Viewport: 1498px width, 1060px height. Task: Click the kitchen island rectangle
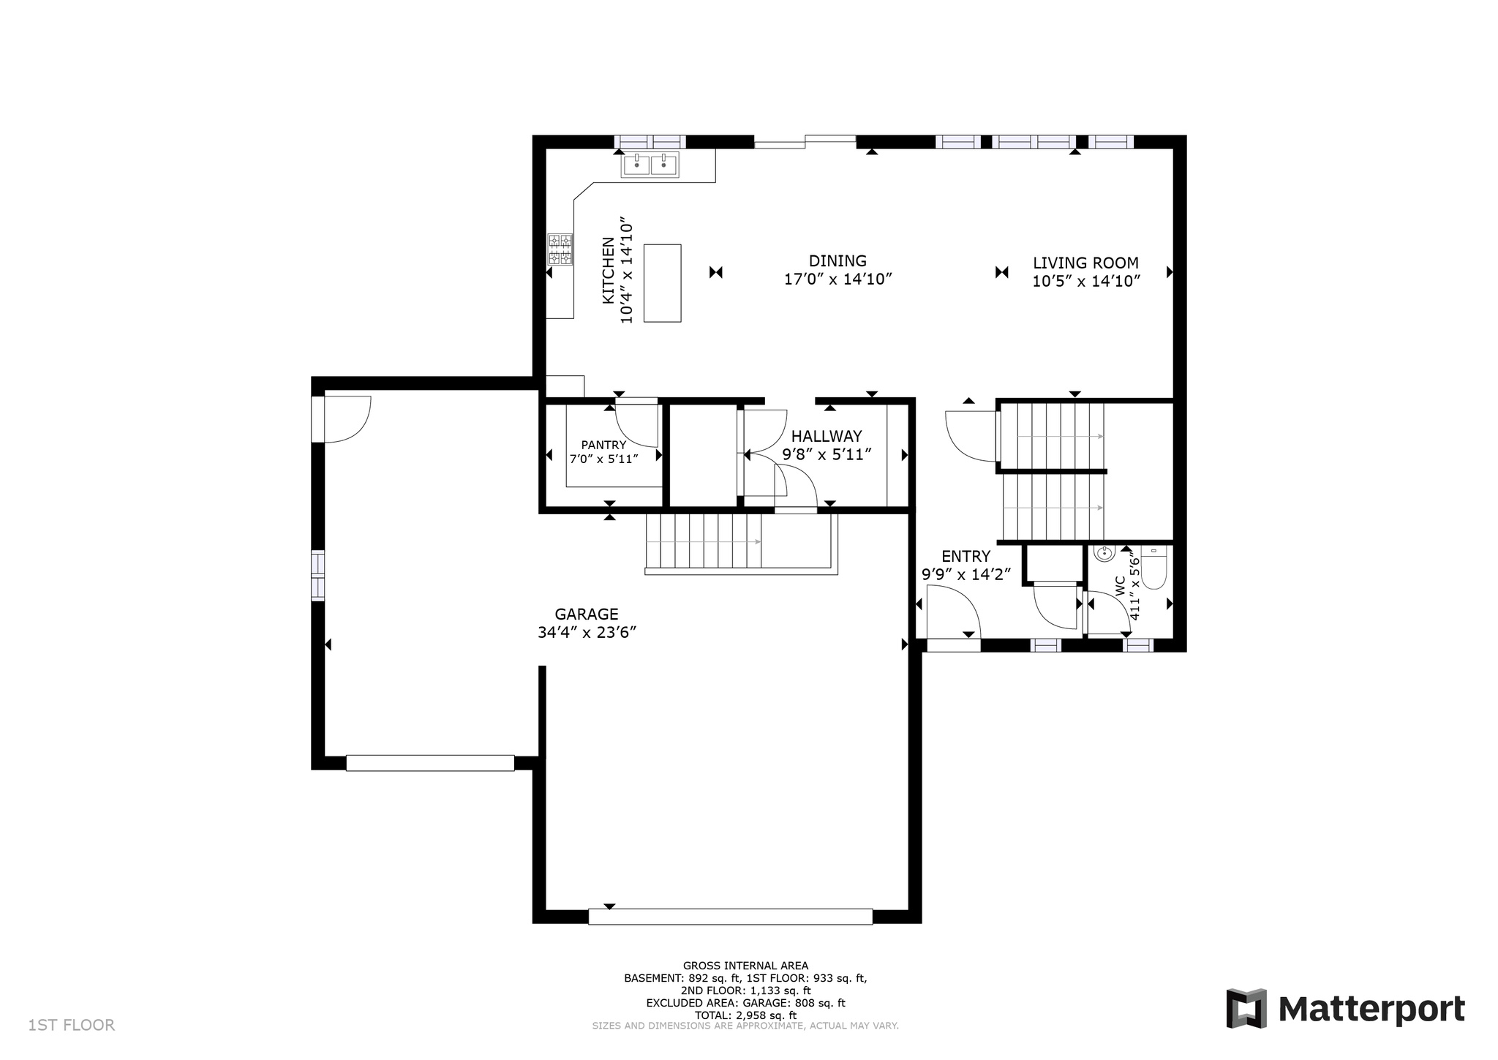(x=662, y=283)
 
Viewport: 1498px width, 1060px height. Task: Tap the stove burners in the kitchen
(x=560, y=249)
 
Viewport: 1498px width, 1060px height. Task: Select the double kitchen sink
(x=650, y=165)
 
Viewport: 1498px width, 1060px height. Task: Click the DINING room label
(x=838, y=261)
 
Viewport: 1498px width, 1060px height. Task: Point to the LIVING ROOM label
(x=1085, y=263)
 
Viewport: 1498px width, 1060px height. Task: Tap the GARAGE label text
(x=586, y=614)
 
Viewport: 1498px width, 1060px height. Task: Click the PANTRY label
(x=603, y=445)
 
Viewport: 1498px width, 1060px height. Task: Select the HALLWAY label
(x=827, y=437)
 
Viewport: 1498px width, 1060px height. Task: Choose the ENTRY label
(x=966, y=557)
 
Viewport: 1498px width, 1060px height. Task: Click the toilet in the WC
(x=1154, y=568)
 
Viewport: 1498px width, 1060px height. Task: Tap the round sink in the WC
(x=1104, y=552)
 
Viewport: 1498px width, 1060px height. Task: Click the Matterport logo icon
(x=1246, y=1008)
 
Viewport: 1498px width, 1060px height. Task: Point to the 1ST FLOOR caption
(x=72, y=1025)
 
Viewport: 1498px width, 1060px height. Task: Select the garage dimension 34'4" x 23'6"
(x=587, y=633)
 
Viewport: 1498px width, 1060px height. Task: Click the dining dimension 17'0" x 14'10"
(x=838, y=279)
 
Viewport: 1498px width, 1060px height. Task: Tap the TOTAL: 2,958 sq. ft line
(x=745, y=1015)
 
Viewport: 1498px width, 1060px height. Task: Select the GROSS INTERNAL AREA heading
(x=745, y=966)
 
